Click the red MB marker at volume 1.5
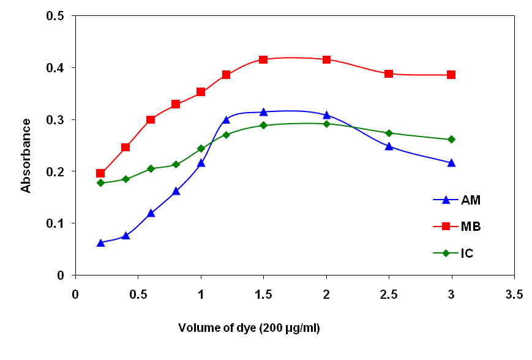263,59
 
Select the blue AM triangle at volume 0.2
100,243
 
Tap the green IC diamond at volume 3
451,139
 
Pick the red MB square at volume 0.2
100,173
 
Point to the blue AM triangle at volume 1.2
226,119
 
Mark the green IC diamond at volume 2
326,124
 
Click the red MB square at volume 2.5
389,73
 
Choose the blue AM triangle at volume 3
451,163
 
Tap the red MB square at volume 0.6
151,119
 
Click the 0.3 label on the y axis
57,119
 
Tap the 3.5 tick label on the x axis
514,294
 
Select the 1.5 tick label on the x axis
263,294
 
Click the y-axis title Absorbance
26,156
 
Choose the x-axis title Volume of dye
249,328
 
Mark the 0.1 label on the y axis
57,223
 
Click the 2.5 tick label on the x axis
389,294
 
